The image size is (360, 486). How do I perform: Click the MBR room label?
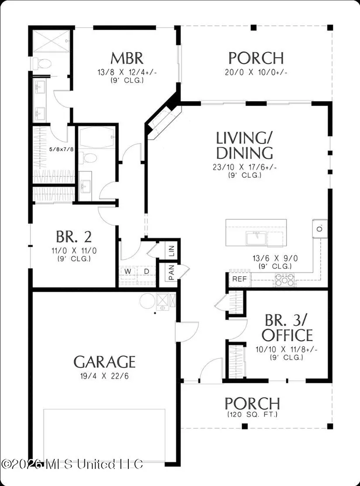point(127,58)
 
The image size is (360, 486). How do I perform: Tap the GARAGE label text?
point(105,362)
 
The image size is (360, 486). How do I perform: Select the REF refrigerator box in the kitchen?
point(240,279)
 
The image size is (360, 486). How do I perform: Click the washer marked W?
point(128,272)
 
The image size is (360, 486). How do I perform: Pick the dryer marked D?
point(147,272)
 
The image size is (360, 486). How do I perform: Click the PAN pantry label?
point(171,272)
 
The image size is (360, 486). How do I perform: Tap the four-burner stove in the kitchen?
point(285,279)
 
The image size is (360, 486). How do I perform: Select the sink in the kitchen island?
point(257,238)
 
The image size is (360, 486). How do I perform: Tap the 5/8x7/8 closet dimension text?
point(62,149)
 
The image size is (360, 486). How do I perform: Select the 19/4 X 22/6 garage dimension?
point(104,376)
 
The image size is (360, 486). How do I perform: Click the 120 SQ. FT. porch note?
point(252,414)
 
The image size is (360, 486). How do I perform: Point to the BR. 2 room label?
point(74,237)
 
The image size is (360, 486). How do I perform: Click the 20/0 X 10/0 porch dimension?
point(256,72)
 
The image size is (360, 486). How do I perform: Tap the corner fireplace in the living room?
point(162,119)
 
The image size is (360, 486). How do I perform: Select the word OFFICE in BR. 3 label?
point(287,335)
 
